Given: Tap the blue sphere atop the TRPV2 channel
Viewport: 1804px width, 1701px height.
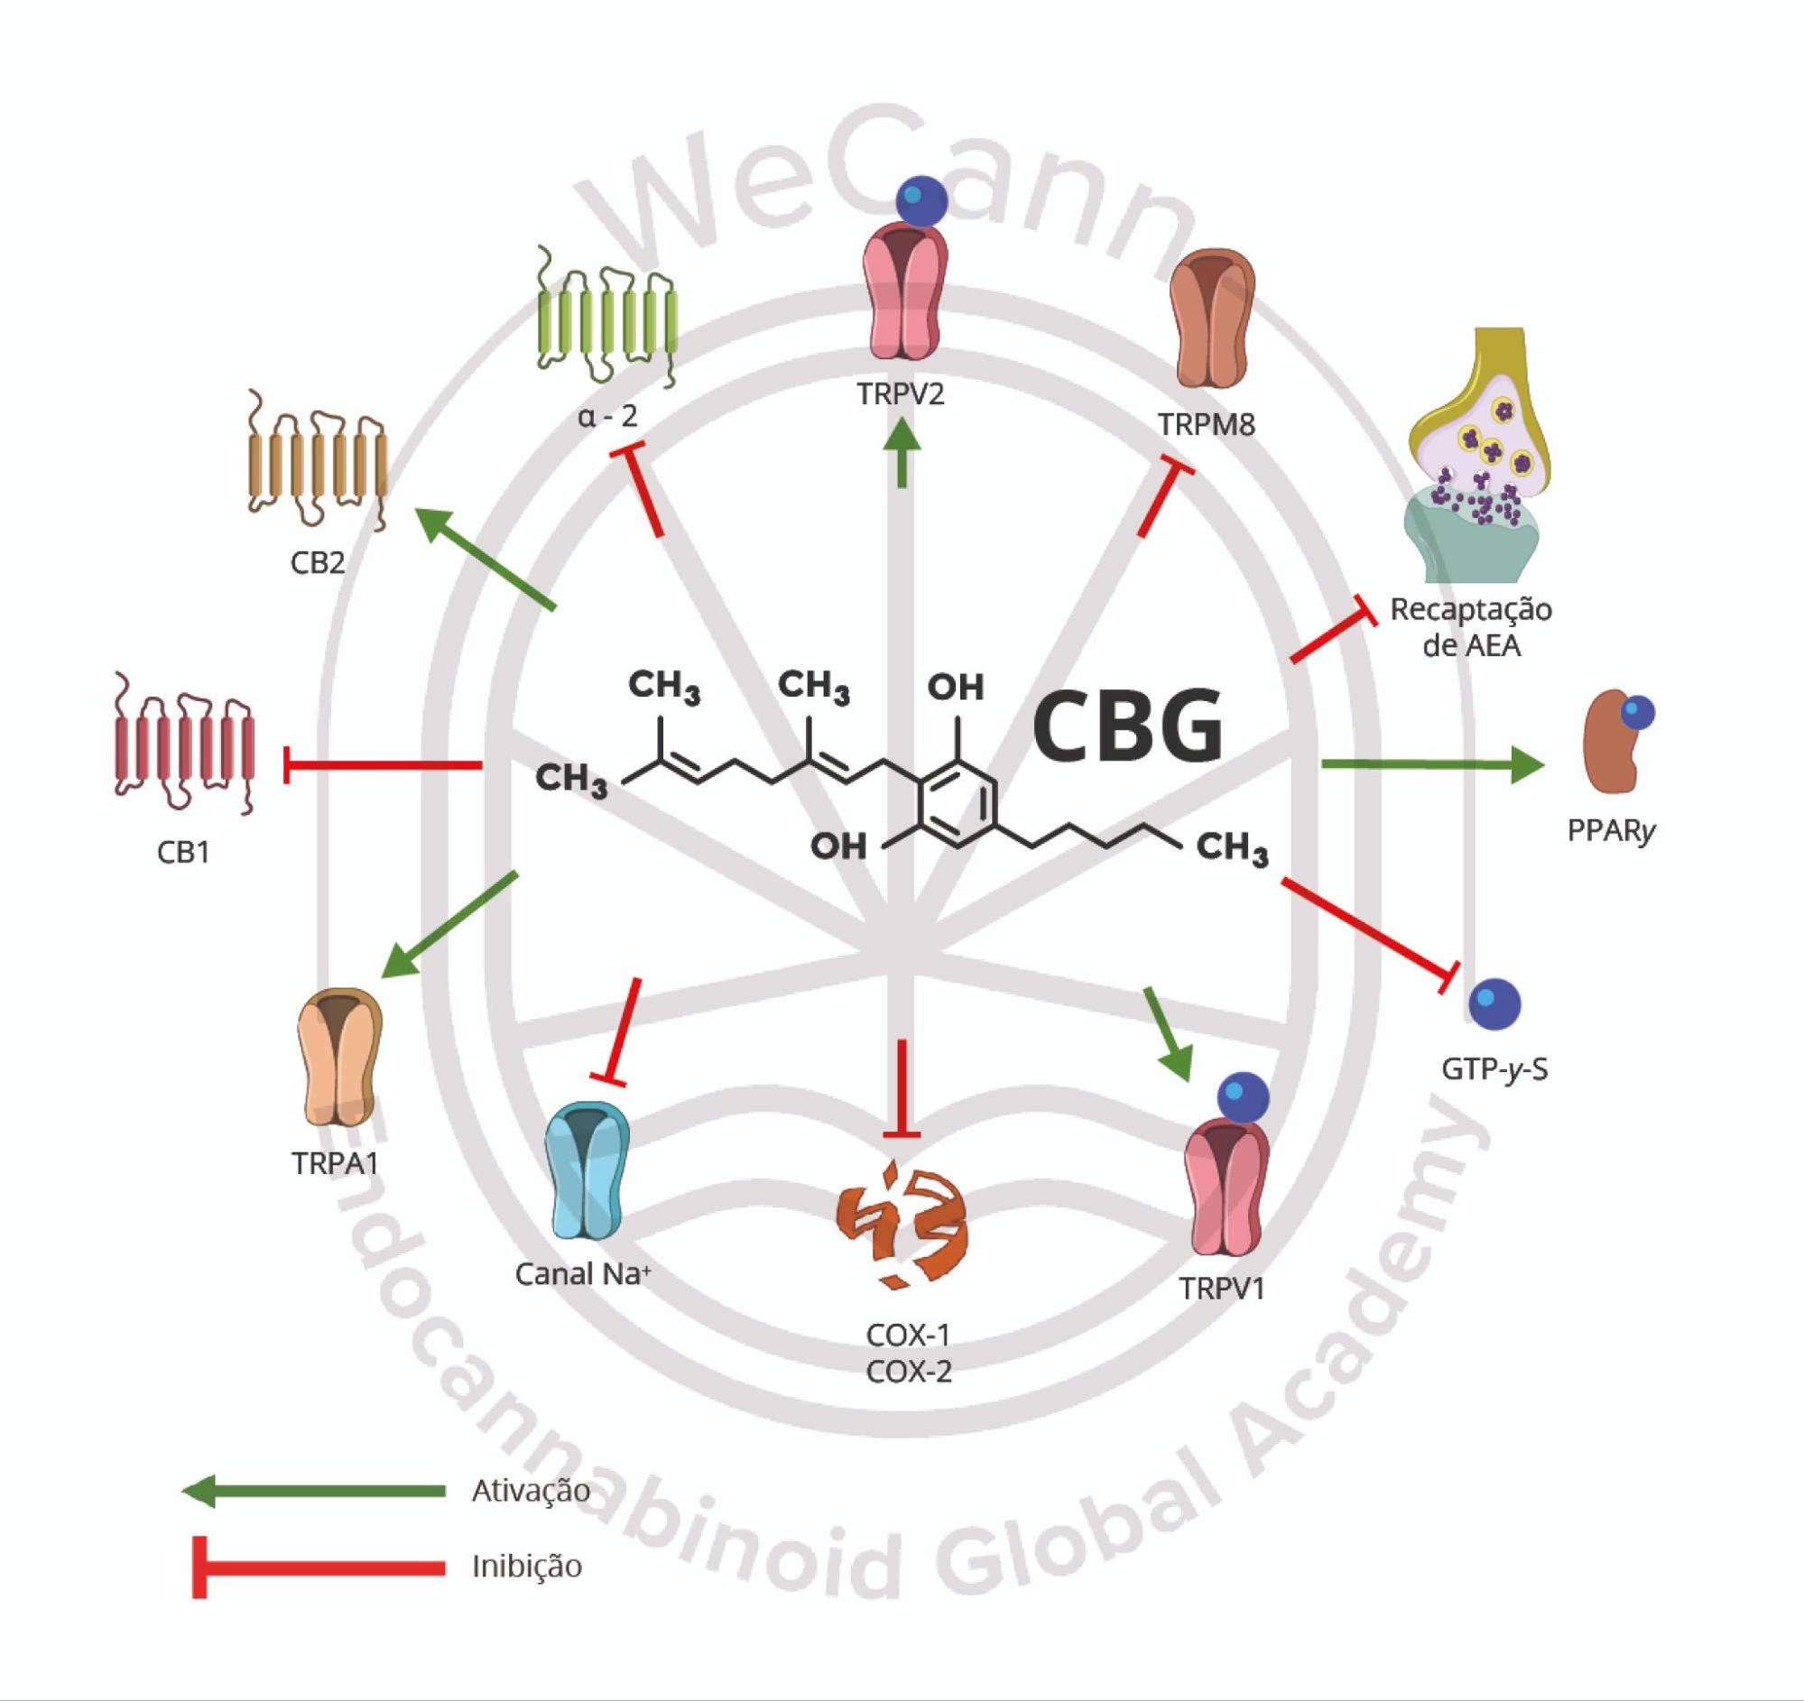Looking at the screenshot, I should click(921, 201).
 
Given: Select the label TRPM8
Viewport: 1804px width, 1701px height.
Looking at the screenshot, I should click(1206, 424).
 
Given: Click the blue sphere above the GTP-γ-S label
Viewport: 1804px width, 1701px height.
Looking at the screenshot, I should click(1494, 1004).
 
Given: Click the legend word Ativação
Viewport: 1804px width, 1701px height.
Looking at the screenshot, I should click(530, 1491).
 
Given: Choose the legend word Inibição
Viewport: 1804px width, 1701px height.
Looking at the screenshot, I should click(526, 1566).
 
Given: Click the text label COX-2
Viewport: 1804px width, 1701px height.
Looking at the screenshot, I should click(909, 1372).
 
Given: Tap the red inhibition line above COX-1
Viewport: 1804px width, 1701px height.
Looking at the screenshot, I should click(901, 1088).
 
